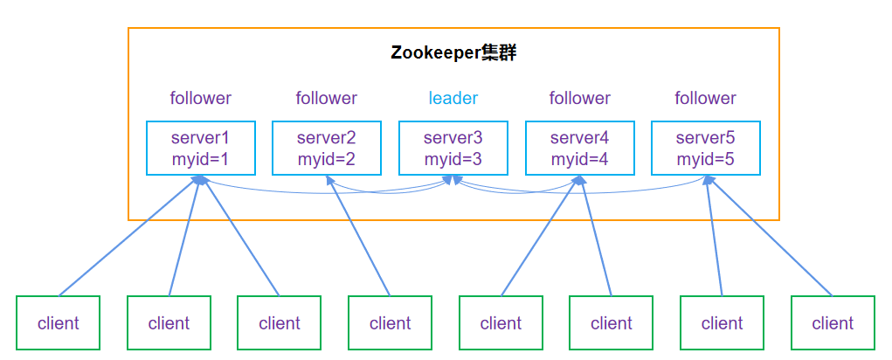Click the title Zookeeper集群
tap(453, 52)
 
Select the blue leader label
tap(453, 98)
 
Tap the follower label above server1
tap(200, 98)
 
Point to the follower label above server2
tap(326, 98)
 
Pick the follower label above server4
tap(579, 98)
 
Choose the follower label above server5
tap(705, 98)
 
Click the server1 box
tap(200, 148)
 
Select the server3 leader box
tap(453, 148)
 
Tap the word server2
tap(326, 138)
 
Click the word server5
tap(705, 138)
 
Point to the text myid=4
tap(579, 159)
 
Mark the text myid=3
tap(453, 159)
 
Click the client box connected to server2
tap(390, 323)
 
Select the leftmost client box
tap(59, 323)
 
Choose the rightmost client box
tap(833, 323)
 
